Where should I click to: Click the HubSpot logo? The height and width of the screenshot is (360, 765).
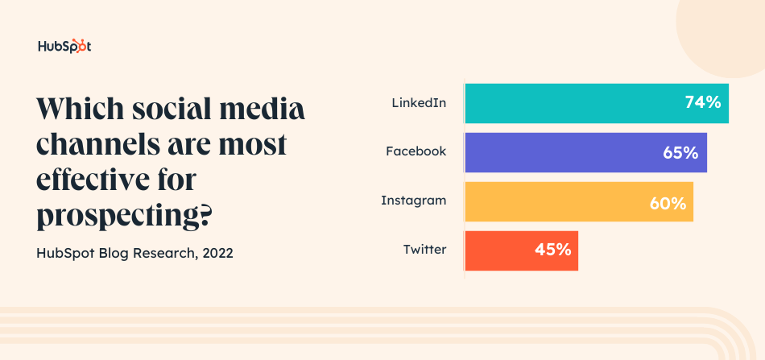(64, 46)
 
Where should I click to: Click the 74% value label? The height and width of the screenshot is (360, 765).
(702, 103)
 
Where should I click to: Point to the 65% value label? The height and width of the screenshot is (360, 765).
(680, 152)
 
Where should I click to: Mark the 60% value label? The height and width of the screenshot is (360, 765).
(668, 202)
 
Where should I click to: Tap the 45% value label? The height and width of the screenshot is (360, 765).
(552, 250)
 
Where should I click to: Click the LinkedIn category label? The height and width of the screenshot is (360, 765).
(419, 103)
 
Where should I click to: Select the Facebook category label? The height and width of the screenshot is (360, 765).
(416, 151)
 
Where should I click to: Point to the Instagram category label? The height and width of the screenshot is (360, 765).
(413, 201)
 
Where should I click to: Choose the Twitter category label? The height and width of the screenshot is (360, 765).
(424, 250)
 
